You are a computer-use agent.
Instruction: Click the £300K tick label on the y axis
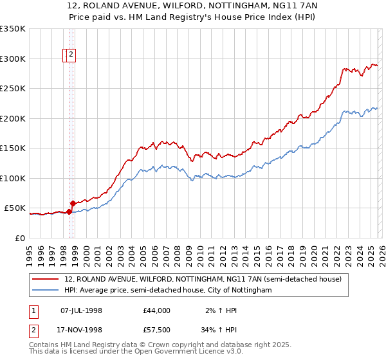[13, 59]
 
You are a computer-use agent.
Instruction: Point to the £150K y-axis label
[13, 148]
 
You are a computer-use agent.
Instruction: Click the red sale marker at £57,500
[73, 204]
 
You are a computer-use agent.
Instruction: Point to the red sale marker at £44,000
[69, 212]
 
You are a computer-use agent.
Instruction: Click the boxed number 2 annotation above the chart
[71, 55]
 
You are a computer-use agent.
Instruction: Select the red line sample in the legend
[45, 279]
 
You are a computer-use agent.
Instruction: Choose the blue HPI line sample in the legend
[45, 291]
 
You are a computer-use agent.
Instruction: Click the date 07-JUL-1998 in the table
[81, 310]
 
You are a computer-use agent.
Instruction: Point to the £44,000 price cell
[157, 310]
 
